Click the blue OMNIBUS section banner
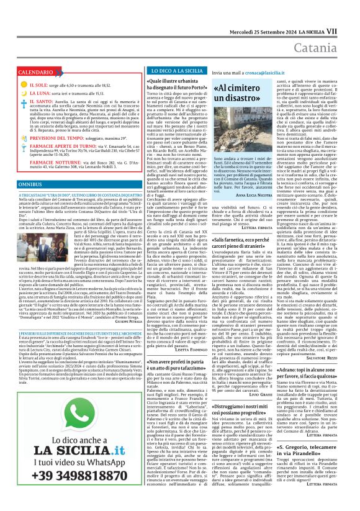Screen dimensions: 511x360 [x=31, y=185]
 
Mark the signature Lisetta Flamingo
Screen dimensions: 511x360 [x=186, y=350]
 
